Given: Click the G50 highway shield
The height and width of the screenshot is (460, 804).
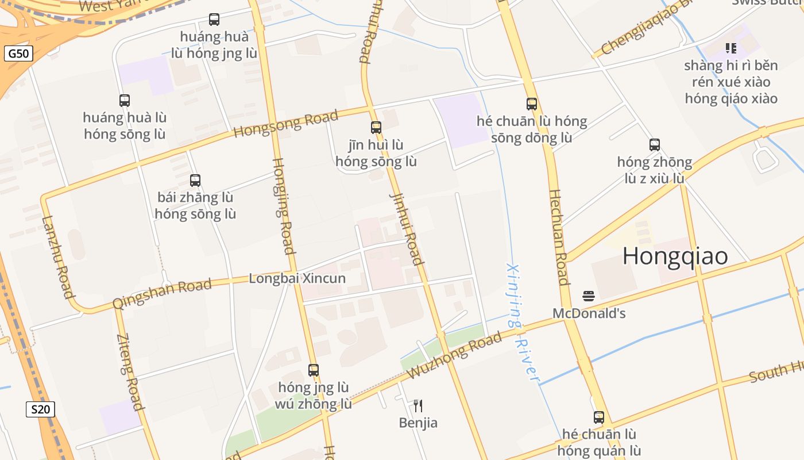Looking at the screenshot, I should pyautogui.click(x=18, y=54).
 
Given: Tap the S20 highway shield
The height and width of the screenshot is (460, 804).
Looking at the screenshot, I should pyautogui.click(x=40, y=409).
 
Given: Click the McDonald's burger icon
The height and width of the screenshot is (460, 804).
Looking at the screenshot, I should pyautogui.click(x=588, y=296).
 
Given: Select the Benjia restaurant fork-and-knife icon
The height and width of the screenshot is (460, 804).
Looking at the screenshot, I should pyautogui.click(x=418, y=406).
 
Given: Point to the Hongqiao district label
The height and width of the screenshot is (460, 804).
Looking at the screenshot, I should pyautogui.click(x=675, y=256).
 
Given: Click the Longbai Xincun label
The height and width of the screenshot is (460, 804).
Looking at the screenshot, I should pyautogui.click(x=297, y=278).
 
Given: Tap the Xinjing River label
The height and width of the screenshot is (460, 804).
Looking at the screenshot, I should pyautogui.click(x=522, y=322).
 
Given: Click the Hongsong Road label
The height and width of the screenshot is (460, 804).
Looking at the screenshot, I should pyautogui.click(x=285, y=124).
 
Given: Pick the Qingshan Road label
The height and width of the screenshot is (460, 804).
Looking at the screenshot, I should pyautogui.click(x=162, y=293).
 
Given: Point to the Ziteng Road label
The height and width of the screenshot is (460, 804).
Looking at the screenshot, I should pyautogui.click(x=130, y=371).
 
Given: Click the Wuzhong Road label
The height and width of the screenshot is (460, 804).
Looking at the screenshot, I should pyautogui.click(x=454, y=358).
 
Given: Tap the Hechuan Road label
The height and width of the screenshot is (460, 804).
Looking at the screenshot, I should pyautogui.click(x=558, y=237).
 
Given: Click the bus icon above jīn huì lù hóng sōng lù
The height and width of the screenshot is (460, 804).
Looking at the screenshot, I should pyautogui.click(x=376, y=127).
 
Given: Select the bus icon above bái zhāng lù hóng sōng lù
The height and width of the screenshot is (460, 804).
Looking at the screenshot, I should pyautogui.click(x=195, y=180).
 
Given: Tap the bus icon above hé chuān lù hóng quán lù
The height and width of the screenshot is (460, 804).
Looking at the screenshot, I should pyautogui.click(x=599, y=417).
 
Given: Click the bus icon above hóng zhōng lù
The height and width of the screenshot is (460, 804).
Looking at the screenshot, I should pyautogui.click(x=655, y=144).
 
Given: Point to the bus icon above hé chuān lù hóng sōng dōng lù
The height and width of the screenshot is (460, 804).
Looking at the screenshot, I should pyautogui.click(x=532, y=103).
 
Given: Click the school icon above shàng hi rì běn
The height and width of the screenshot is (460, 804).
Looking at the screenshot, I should pyautogui.click(x=730, y=48).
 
